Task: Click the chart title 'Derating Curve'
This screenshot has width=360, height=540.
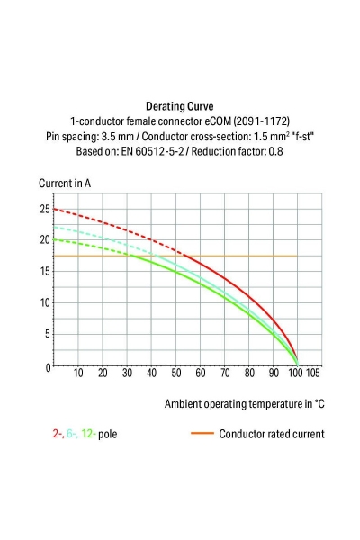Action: point(179,106)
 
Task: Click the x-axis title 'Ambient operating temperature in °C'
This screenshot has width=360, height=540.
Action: point(244,404)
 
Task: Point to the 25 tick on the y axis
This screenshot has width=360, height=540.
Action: point(44,209)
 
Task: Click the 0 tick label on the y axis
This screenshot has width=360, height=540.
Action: point(47,366)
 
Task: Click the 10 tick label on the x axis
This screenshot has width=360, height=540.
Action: point(78,373)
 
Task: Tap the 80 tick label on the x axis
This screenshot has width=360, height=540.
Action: point(249,373)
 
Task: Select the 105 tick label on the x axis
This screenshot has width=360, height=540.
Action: point(312,373)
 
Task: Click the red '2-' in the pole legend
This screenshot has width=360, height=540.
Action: point(58,434)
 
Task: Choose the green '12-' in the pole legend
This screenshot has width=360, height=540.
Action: point(88,434)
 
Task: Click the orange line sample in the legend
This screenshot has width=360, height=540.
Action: point(202,434)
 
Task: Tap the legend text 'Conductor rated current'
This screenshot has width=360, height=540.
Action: point(271,434)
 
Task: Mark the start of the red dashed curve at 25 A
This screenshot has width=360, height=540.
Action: point(55,209)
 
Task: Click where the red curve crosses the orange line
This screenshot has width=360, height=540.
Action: point(184,256)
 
